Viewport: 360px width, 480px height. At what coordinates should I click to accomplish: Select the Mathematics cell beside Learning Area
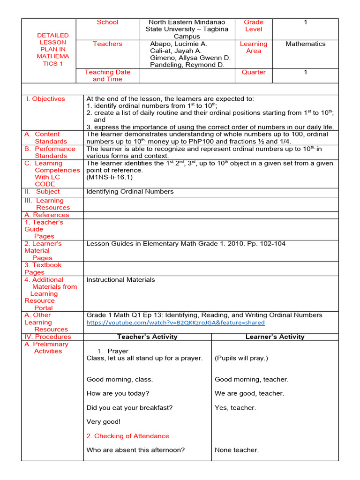pos(305,44)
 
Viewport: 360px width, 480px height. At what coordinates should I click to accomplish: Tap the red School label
pos(107,22)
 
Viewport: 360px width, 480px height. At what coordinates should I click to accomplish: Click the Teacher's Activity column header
pos(147,337)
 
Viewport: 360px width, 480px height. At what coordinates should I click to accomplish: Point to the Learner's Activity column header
pos(275,337)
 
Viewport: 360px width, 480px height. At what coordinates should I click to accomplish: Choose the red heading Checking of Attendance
pos(127,436)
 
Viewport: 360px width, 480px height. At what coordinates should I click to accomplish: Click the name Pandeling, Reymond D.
pos(187,65)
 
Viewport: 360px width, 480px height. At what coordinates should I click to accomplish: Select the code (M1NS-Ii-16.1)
pos(109,178)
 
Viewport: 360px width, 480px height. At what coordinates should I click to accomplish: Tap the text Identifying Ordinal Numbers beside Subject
pos(130,191)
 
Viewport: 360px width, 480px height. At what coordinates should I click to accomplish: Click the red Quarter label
pos(254,72)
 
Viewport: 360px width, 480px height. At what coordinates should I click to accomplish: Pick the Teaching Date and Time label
pos(107,75)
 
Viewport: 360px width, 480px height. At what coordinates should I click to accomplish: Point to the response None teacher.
pos(236,450)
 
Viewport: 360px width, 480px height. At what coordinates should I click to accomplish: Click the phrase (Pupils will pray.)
pos(241,358)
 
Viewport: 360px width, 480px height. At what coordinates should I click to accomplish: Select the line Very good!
pos(103,422)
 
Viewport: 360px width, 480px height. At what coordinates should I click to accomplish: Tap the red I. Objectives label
pos(49,99)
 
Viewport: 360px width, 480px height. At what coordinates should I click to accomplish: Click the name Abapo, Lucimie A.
pos(178,44)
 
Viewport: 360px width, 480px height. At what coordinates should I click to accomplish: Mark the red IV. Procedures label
pos(48,337)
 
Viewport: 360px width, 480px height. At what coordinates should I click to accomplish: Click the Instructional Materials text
pos(120,280)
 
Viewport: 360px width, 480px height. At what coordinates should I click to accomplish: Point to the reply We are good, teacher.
pos(249,393)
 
